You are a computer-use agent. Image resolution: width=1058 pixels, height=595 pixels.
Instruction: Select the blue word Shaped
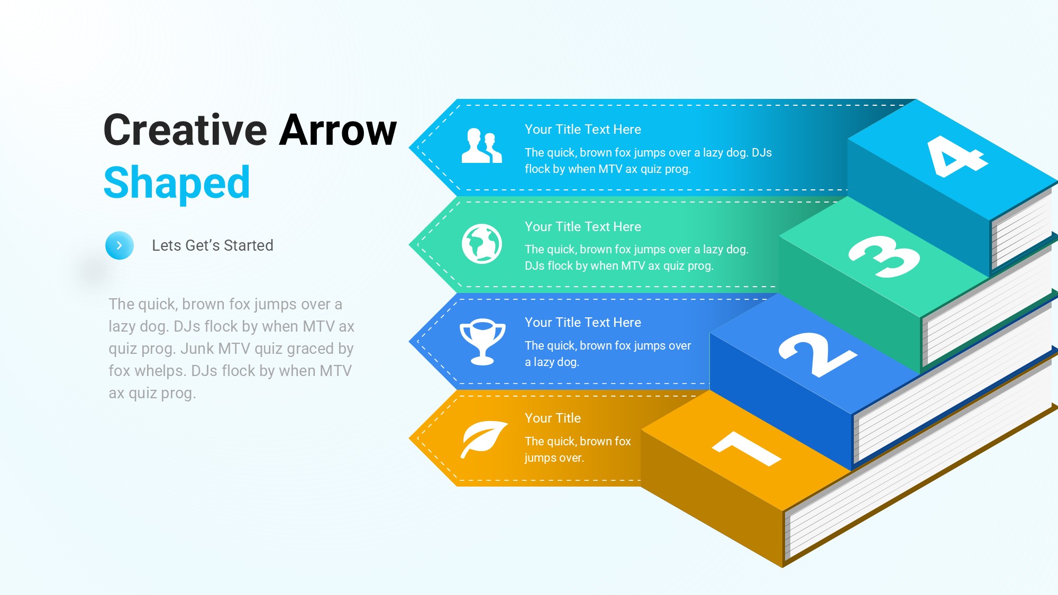[x=177, y=183]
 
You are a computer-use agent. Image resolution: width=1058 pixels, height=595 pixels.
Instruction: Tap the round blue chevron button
[x=120, y=245]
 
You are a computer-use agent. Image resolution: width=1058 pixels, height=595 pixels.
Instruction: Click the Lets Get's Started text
[x=213, y=245]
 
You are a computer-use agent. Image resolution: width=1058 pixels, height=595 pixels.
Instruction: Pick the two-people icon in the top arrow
[x=481, y=145]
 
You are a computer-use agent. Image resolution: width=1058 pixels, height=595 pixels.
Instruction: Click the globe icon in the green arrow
[x=482, y=244]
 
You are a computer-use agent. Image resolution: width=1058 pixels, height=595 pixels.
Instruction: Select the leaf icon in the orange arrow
[x=484, y=439]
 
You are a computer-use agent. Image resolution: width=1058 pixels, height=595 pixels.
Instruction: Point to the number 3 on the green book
[x=884, y=256]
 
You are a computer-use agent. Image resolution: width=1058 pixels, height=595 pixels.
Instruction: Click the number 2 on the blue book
[x=817, y=354]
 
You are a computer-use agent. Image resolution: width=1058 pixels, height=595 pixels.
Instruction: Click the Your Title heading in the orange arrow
[x=553, y=418]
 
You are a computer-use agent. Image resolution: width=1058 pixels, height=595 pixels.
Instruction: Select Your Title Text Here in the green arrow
[x=583, y=227]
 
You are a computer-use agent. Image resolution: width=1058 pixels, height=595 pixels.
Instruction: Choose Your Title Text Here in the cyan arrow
[x=583, y=130]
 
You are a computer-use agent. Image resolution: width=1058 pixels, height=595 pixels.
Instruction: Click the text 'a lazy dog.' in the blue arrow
[x=552, y=362]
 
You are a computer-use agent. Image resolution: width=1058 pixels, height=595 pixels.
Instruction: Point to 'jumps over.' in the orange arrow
[x=554, y=458]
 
